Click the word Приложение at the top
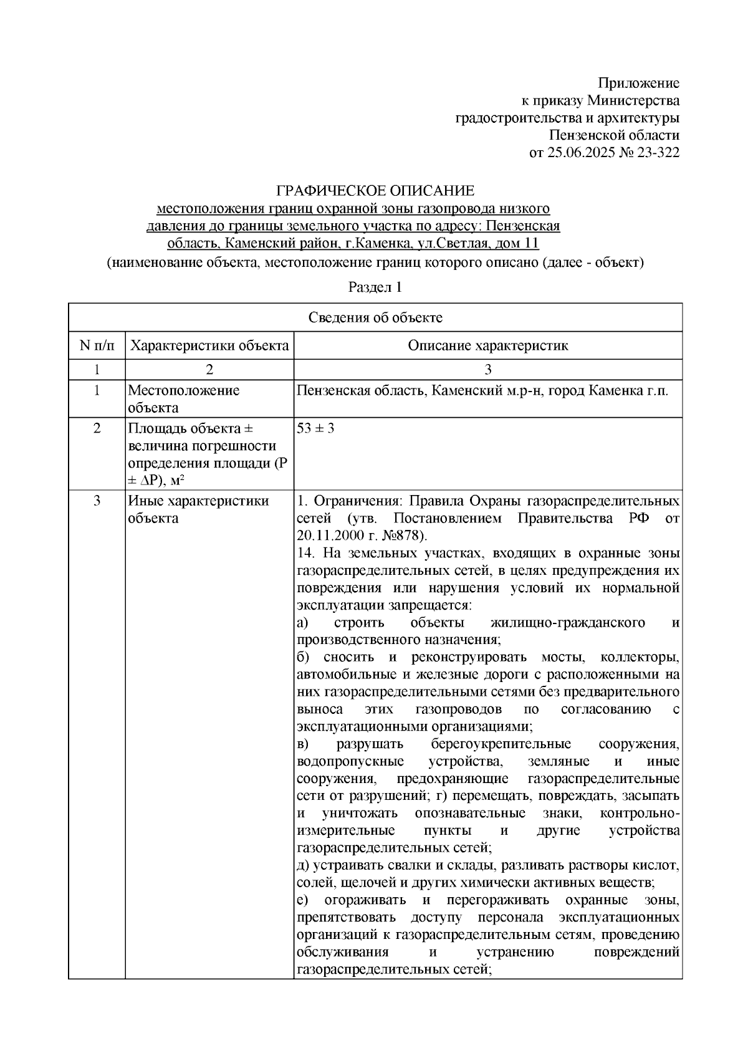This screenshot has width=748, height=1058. coord(638,83)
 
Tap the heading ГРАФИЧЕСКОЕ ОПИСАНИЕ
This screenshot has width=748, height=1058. coord(375,190)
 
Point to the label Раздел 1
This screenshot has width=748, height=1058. coord(375,287)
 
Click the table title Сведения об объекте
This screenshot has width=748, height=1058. coord(375,317)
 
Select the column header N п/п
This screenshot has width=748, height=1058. coord(97,345)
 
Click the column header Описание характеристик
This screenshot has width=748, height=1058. coord(487,345)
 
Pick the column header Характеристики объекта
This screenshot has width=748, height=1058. coord(209,345)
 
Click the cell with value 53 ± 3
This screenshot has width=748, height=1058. coord(315,429)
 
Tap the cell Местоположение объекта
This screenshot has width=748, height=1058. coord(183,399)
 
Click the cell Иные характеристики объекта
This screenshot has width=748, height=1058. coord(198,509)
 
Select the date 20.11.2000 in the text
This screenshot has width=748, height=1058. coord(326,536)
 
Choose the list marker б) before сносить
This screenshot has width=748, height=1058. coord(304,657)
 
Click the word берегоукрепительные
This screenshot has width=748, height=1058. coord(501,744)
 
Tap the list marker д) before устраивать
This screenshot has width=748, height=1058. coord(304,865)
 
